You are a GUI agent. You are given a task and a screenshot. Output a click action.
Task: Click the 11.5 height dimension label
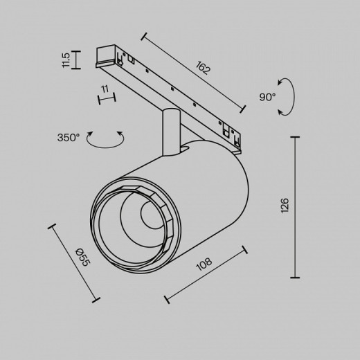coord(66,60)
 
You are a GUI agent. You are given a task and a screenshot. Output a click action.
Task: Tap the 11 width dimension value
coord(105,89)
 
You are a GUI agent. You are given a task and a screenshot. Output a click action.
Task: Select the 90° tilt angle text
coord(268,98)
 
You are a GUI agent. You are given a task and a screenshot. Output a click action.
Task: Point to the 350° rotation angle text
coord(69,137)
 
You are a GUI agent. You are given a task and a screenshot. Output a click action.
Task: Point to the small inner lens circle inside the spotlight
coord(152,217)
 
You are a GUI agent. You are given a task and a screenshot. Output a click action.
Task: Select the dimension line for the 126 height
coord(298,205)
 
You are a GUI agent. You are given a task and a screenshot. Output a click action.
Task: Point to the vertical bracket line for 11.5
coord(75,60)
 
